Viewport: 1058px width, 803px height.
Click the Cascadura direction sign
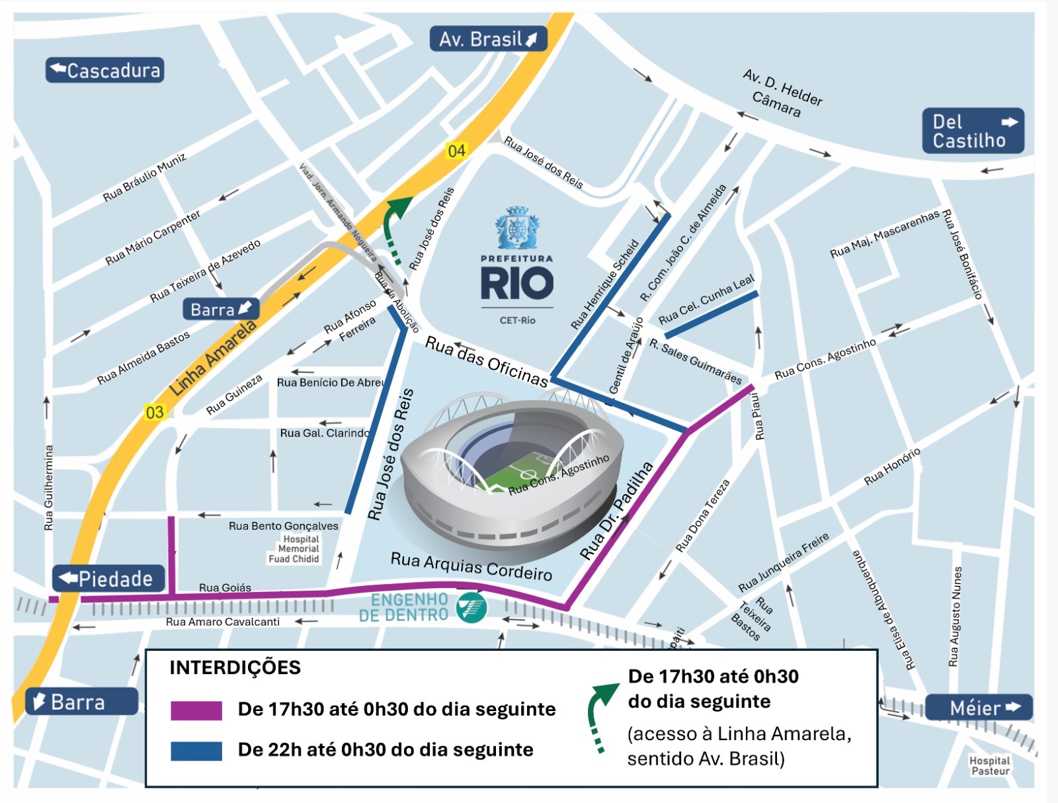tap(104, 70)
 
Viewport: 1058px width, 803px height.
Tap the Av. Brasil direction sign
tap(488, 39)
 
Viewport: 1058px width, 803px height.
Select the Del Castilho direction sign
tap(973, 131)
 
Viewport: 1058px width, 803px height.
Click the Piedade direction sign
tap(108, 579)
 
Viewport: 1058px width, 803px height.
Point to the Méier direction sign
tap(979, 708)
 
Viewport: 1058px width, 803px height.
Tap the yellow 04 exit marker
tap(456, 151)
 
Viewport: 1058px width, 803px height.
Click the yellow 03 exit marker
tap(154, 413)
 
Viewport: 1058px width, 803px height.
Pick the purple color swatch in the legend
tap(196, 710)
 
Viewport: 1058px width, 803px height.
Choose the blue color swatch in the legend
tap(196, 751)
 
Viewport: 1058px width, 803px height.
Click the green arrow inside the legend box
tap(600, 714)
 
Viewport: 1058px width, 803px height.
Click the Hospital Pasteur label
tap(990, 766)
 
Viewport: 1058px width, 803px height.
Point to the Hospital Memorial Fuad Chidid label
tap(295, 549)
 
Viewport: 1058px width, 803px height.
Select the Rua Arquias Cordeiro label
tap(471, 566)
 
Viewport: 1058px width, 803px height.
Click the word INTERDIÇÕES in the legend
tap(235, 667)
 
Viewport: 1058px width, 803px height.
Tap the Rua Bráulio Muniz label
tap(144, 177)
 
